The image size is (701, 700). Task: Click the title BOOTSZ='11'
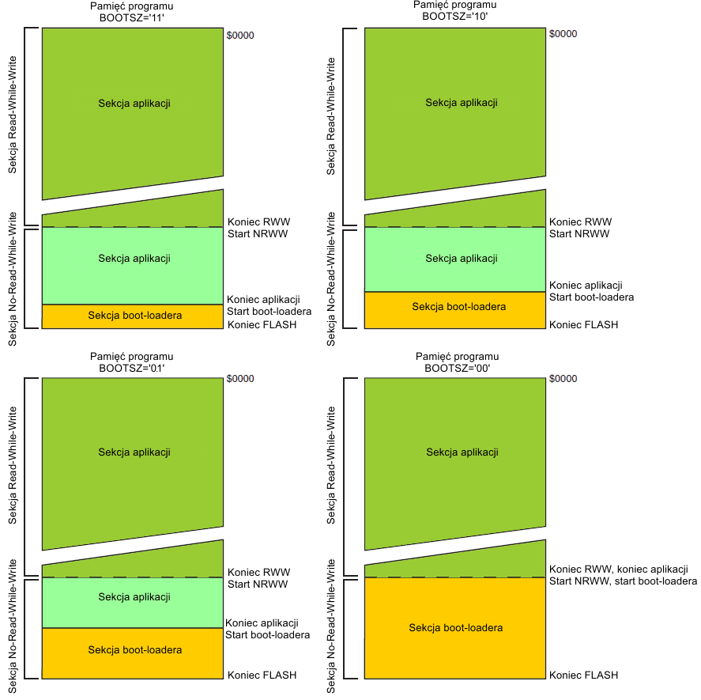[x=132, y=16]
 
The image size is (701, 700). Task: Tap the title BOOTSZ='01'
[x=132, y=368]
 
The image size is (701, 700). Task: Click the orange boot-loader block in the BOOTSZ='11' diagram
[x=133, y=316]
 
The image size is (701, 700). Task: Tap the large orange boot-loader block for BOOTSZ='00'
[x=455, y=627]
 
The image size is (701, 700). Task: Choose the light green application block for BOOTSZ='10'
[x=455, y=259]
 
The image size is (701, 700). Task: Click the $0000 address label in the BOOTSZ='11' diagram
[x=240, y=36]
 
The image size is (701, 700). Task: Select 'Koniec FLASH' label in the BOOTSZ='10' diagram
[x=583, y=324]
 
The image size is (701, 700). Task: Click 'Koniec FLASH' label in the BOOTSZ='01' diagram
[x=262, y=675]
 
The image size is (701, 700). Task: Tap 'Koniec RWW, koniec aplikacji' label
[x=618, y=569]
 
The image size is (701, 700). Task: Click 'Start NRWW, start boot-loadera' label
[x=623, y=581]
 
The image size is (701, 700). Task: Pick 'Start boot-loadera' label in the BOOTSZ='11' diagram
[x=269, y=311]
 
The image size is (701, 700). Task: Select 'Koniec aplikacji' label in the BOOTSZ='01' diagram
[x=262, y=623]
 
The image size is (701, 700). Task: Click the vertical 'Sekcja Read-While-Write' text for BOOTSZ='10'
[x=332, y=115]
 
